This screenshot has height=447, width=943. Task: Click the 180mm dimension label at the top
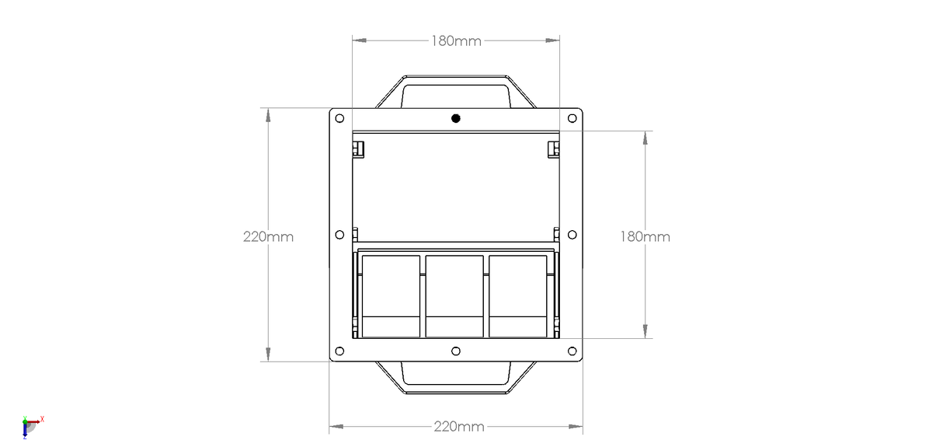tap(456, 40)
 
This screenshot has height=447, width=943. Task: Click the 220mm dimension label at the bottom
tap(458, 426)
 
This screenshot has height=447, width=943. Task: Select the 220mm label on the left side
tap(268, 236)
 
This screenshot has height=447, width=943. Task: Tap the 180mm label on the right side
tap(645, 236)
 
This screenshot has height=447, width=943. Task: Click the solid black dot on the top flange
tap(456, 118)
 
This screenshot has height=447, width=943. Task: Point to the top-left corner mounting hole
tap(339, 118)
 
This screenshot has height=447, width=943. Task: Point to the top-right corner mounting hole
tap(572, 118)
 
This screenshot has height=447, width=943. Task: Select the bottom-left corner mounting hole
tap(339, 351)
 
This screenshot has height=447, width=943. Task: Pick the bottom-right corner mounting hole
tap(572, 351)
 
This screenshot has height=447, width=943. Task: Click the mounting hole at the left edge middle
tap(339, 235)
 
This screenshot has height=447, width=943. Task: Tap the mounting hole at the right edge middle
tap(572, 235)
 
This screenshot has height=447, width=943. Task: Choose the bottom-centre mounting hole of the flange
tap(456, 351)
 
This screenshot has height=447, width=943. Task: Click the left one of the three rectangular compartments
tap(391, 295)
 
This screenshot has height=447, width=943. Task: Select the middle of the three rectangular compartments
tap(455, 295)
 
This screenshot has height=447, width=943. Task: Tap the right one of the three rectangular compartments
tap(518, 295)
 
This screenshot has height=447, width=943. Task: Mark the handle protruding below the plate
tap(455, 378)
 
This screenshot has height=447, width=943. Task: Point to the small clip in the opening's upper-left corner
tap(359, 148)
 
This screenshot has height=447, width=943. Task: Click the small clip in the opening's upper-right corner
tap(553, 148)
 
